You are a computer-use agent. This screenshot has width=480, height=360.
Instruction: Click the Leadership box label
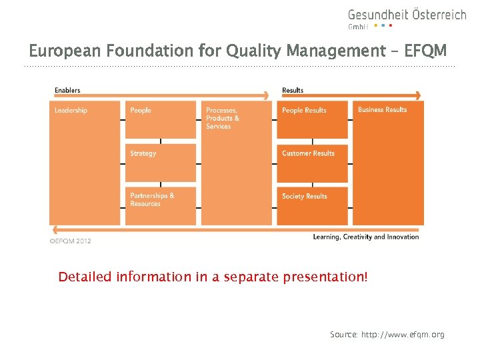pos(71,110)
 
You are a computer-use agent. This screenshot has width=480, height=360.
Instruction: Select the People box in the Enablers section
pos(161,119)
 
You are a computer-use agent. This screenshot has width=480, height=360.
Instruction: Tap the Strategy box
pos(161,162)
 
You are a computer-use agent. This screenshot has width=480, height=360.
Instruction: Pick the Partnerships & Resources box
pos(161,205)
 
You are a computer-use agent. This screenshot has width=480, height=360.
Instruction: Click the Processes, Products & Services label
pos(223,118)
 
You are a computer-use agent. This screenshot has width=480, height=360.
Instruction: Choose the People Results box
pos(312,119)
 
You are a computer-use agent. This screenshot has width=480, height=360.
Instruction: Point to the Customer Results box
pos(312,162)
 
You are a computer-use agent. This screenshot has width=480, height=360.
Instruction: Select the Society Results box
pos(312,205)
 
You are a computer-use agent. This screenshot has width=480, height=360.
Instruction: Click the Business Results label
pos(382,110)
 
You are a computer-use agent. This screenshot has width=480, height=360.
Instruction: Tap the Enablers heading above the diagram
pos(67,90)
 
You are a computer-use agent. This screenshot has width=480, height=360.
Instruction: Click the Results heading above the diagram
pos(293,90)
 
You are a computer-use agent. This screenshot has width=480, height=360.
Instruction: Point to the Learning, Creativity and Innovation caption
pos(366,237)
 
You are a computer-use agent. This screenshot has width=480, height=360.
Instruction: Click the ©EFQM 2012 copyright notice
pos(71,241)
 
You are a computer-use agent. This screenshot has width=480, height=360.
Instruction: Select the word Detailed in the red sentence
pos(85,276)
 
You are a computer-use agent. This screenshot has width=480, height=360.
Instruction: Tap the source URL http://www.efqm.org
pos(403,334)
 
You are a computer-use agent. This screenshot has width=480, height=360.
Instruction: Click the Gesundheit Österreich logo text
pos(407,15)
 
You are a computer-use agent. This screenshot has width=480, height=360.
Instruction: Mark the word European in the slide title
pos(59,51)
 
